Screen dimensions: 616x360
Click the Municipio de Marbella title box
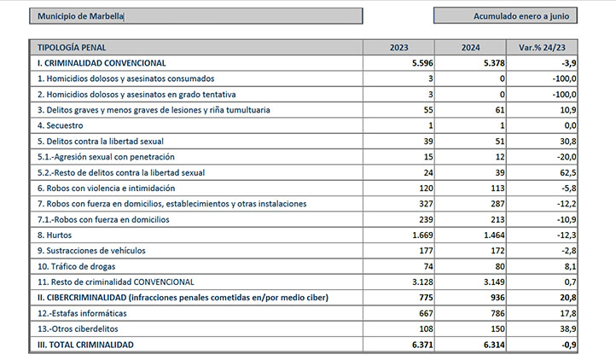(195, 16)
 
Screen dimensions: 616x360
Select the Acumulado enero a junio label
(521, 16)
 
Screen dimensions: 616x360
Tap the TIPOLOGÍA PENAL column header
(72, 48)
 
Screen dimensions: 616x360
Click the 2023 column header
(398, 48)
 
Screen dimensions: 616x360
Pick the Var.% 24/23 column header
(542, 48)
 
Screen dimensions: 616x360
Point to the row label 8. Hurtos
(55, 235)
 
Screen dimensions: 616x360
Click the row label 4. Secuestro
(60, 125)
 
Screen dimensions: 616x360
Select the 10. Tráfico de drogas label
(76, 266)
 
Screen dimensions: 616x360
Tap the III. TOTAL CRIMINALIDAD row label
(85, 345)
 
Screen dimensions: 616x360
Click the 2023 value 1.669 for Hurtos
(422, 235)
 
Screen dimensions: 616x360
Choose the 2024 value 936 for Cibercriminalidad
(497, 298)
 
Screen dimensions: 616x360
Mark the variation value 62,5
(568, 172)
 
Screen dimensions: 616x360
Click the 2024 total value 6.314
(494, 345)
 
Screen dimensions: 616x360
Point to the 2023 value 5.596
(422, 63)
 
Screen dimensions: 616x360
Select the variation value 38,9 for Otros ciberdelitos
(568, 329)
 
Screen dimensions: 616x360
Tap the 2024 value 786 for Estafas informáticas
(497, 313)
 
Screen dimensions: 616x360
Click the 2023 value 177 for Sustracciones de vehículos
(426, 251)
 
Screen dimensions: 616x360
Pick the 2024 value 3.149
(494, 282)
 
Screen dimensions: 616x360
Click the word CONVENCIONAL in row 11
(164, 282)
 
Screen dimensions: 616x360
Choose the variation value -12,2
(567, 204)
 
